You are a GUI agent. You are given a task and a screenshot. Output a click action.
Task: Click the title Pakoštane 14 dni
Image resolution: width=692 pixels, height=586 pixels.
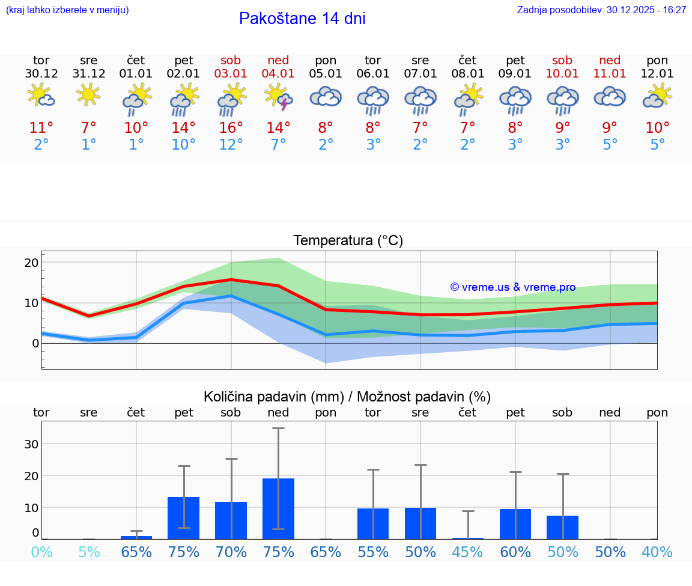pos(302,19)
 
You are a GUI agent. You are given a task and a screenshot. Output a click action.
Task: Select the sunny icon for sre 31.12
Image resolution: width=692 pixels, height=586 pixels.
pos(88,95)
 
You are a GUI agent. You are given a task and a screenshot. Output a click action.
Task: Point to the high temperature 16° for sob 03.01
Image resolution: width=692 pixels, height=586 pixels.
pos(231,127)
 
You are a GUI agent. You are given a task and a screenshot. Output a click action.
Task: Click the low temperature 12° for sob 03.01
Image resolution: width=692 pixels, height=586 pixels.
pos(231,145)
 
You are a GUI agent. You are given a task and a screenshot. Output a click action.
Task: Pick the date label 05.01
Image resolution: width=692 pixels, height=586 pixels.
pos(326,74)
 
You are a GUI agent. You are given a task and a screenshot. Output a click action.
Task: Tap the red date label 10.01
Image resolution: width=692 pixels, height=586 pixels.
pos(563,74)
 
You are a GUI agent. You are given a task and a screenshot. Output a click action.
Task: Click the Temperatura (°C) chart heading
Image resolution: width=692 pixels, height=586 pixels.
pos(348,240)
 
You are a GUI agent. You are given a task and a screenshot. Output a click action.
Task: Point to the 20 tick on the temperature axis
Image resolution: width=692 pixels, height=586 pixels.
pos(31,263)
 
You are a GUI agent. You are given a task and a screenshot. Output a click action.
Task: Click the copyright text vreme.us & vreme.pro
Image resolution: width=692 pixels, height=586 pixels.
pos(513,287)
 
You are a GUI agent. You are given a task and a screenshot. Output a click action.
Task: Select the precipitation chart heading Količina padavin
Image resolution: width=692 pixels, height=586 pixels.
pos(347,397)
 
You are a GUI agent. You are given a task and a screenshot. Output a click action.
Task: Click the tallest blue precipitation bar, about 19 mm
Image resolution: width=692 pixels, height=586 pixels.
pos(278,508)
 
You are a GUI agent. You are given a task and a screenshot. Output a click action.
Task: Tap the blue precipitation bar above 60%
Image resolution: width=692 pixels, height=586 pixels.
pos(515,523)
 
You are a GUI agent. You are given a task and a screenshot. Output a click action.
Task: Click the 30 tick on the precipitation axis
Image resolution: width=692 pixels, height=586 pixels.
pos(31,444)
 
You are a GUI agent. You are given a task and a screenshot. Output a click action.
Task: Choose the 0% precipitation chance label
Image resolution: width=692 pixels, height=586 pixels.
pos(41,552)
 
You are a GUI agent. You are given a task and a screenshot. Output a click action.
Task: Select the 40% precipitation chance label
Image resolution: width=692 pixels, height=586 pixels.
pos(657,552)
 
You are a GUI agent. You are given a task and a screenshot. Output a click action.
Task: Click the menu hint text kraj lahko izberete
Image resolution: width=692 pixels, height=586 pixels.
pos(67,10)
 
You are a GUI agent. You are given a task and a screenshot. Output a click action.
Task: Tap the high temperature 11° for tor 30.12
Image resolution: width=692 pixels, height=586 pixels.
pos(41,127)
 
